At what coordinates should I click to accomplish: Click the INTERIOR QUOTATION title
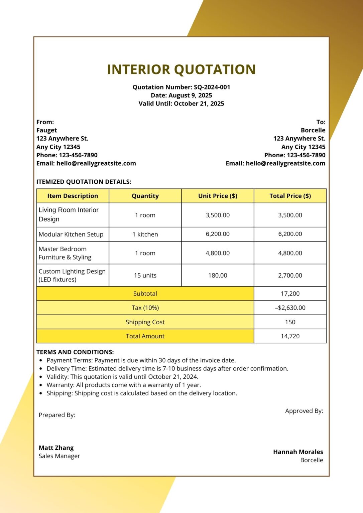181,69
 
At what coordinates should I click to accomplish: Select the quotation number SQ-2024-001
212,87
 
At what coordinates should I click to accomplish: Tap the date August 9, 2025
190,96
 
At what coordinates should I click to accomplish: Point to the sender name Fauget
47,130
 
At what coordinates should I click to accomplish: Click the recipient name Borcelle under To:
313,130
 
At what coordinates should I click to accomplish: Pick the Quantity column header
145,196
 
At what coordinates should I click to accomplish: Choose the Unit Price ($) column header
218,196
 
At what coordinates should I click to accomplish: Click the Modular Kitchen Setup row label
71,234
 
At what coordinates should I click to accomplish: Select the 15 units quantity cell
145,276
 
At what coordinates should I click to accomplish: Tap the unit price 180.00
218,276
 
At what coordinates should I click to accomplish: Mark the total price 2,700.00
290,276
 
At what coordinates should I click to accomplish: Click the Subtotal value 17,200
290,294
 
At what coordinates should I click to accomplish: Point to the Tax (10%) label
145,308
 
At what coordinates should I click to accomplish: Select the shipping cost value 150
290,322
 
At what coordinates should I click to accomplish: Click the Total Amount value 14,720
290,336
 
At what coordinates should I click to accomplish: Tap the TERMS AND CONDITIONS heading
75,352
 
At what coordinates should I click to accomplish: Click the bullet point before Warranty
41,385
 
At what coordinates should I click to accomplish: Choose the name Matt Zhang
56,448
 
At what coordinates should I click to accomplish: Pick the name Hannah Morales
298,452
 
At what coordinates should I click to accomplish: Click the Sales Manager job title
59,456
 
